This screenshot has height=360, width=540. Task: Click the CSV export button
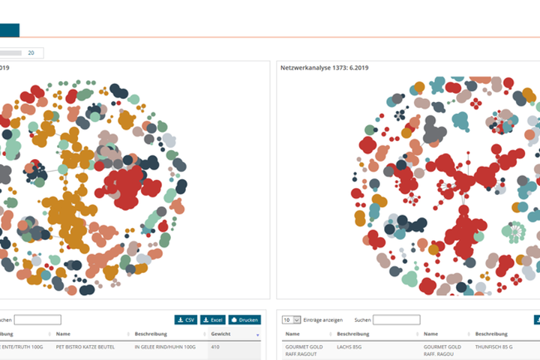[186, 319]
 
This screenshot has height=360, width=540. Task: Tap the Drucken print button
[244, 319]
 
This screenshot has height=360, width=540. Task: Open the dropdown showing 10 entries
[291, 319]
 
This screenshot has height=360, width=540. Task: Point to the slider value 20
[31, 53]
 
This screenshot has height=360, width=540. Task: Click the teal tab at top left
[10, 30]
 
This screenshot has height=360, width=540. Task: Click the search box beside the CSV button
[37, 319]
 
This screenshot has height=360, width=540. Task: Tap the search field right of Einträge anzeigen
[397, 319]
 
